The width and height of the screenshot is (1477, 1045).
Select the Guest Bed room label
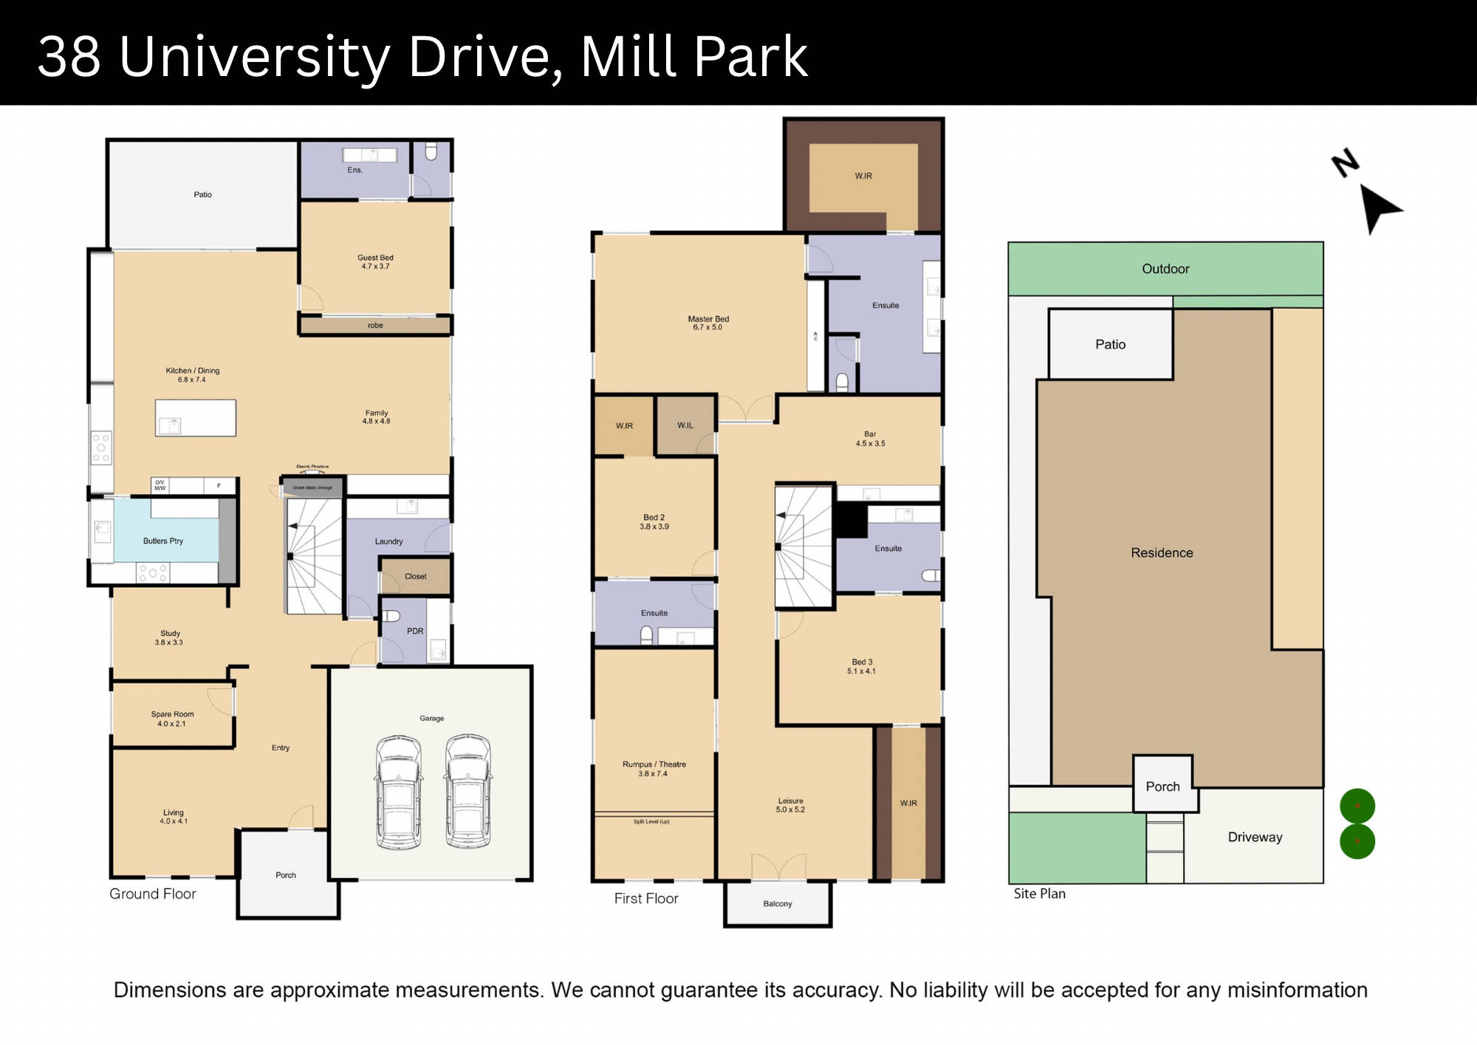pos(375,258)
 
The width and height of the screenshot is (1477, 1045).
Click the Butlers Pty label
pos(163,541)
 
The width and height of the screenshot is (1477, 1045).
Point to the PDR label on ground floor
pos(415,631)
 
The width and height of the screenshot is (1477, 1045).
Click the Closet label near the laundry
pos(415,577)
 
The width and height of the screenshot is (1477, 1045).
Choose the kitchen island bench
pos(196,418)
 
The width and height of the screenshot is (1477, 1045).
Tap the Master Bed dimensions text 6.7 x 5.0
pos(707,327)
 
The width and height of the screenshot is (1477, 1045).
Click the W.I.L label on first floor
pos(685,425)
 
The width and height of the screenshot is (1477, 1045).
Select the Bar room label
pos(870,434)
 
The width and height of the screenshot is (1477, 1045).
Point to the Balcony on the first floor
pos(778,904)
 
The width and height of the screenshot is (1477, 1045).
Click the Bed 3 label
pos(862,662)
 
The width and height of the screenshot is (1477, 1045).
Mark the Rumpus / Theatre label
pos(654,764)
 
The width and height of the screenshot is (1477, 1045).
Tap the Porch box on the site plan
pos(1163,787)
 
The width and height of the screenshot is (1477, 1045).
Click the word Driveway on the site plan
pos(1255,837)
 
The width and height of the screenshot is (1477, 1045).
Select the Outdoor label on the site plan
pos(1165,269)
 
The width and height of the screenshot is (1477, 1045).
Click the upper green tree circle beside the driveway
pos(1357,806)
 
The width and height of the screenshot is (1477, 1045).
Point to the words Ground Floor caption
pos(153,894)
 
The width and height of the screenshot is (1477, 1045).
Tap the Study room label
pos(170,634)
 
